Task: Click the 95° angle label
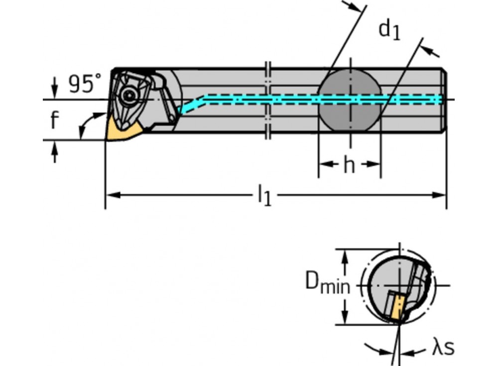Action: click(x=85, y=83)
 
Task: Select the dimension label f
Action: click(x=55, y=120)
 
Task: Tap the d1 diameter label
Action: click(x=389, y=30)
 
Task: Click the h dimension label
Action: click(x=349, y=166)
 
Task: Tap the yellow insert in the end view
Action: click(x=397, y=307)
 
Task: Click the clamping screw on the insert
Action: click(x=130, y=93)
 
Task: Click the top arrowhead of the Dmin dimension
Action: click(x=343, y=254)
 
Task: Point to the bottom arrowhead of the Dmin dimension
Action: click(x=343, y=319)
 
